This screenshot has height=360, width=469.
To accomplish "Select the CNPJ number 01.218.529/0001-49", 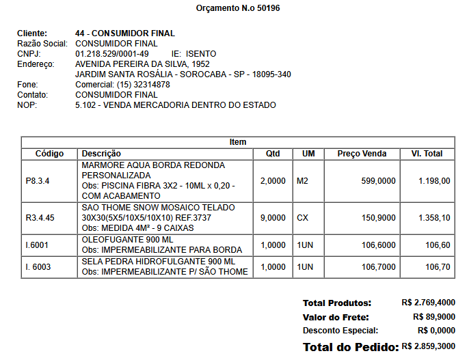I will [x=112, y=53].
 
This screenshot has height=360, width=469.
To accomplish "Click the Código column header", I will [x=49, y=154].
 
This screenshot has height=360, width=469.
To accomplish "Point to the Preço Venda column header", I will [x=362, y=154].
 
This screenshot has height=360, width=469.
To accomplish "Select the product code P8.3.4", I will [x=38, y=181].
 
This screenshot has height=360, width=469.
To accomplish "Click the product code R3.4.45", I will [x=40, y=218].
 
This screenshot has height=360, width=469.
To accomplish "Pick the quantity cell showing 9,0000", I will [x=273, y=218].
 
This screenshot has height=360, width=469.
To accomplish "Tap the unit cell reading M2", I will [x=303, y=181].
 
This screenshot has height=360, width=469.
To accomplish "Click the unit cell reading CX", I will [x=303, y=218].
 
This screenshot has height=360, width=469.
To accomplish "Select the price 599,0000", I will [x=378, y=181].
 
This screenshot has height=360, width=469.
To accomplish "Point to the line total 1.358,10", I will [x=434, y=218].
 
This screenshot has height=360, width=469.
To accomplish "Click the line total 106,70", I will [x=438, y=267].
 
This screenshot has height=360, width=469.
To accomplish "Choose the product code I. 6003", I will [x=38, y=267].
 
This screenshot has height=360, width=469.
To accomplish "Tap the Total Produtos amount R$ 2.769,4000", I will [x=428, y=302].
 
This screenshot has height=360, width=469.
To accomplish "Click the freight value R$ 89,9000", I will [x=434, y=317].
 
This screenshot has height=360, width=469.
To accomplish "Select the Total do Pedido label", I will [x=351, y=347].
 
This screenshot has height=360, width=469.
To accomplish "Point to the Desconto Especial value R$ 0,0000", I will [x=434, y=331].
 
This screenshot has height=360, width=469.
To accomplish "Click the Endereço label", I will [x=35, y=64].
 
